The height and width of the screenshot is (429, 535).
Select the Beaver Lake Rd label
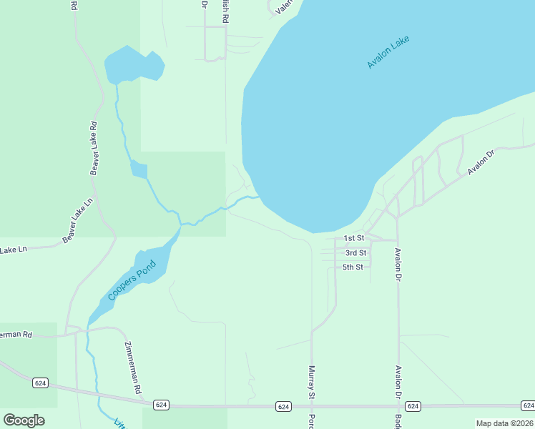coord(94,148)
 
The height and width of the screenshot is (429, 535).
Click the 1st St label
coord(354,238)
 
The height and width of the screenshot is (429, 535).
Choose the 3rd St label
coord(355,253)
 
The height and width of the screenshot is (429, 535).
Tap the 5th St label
coord(353,267)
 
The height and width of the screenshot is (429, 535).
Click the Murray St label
coord(312,382)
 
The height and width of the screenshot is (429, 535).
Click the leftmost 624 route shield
coord(41,383)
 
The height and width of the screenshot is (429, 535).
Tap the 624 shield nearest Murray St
coord(284,407)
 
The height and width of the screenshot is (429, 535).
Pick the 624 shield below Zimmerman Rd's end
coord(161,405)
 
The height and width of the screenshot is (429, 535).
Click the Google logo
coord(24,420)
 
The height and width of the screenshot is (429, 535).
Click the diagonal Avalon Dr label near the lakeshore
coord(481,162)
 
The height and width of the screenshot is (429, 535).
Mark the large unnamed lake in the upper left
coord(134,66)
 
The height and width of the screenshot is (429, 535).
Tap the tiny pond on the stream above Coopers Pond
coord(139,169)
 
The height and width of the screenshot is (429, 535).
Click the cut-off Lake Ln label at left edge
coord(12,250)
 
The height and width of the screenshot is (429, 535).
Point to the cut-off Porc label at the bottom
coord(312,420)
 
